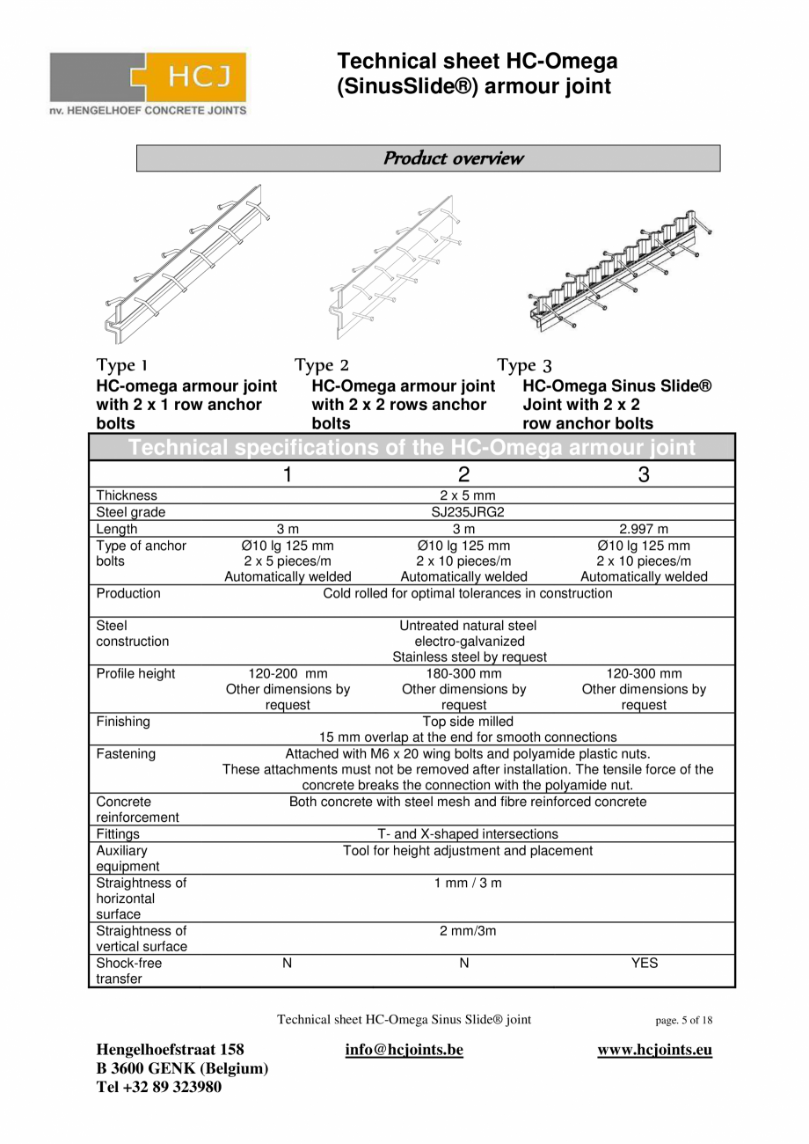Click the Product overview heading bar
tap(428, 158)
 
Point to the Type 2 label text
tap(322, 364)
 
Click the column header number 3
tap(644, 474)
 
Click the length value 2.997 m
tap(644, 529)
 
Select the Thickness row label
tap(127, 495)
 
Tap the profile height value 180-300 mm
tap(464, 674)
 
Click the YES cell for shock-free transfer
tap(644, 963)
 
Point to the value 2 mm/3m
tap(467, 931)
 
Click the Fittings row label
tap(118, 834)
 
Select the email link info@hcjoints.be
tap(404, 1050)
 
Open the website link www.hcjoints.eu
tap(654, 1050)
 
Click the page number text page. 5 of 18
tap(683, 1021)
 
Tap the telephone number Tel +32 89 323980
tap(158, 1087)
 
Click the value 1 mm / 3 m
tap(467, 883)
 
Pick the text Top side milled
tap(467, 722)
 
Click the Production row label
tap(128, 593)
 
